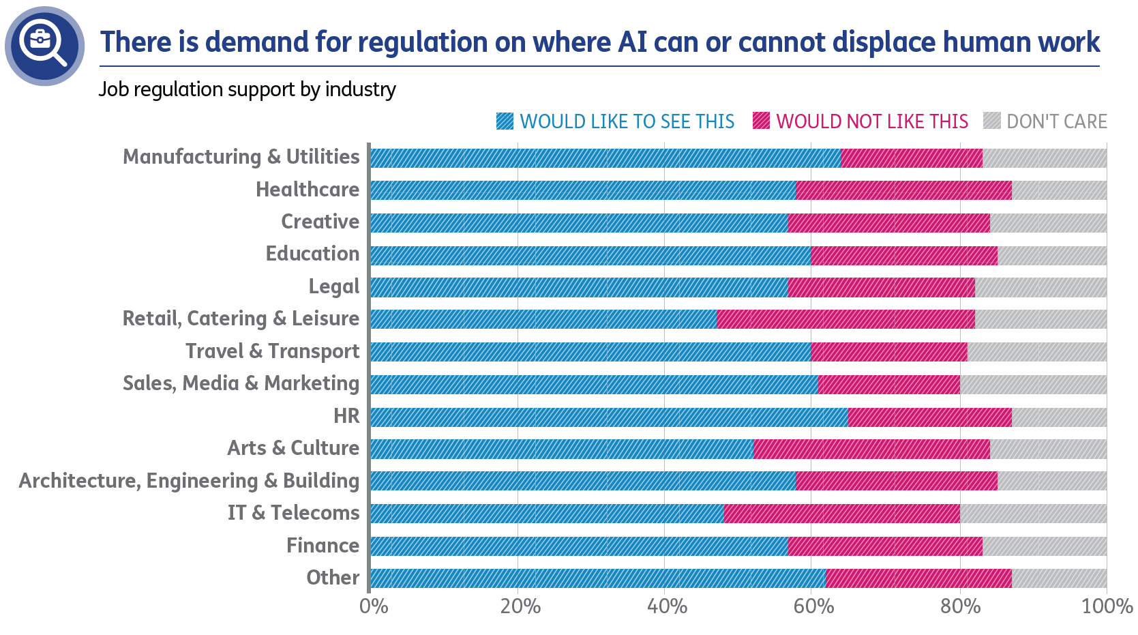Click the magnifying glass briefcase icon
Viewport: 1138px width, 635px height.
click(44, 46)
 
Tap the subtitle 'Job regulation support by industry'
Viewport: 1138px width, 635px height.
click(247, 89)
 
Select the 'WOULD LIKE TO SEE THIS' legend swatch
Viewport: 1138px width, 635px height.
click(505, 121)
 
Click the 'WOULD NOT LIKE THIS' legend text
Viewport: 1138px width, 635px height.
click(871, 121)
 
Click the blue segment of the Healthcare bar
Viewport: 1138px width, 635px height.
click(583, 190)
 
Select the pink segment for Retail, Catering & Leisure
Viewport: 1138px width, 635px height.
click(845, 319)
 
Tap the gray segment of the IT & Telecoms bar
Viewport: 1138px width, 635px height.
click(1033, 514)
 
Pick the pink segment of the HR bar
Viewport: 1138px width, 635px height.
click(930, 417)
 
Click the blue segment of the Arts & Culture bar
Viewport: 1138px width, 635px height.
click(562, 449)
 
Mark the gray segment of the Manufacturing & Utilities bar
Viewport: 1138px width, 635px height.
click(1045, 158)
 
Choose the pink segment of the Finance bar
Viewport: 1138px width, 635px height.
click(885, 546)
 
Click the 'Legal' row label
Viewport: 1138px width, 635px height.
click(333, 286)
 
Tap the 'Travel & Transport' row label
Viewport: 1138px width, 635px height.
click(272, 351)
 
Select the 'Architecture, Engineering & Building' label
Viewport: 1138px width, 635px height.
click(189, 481)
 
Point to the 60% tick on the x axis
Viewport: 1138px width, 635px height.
click(813, 606)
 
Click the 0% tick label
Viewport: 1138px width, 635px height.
click(374, 606)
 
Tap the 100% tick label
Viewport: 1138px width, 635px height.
click(1107, 606)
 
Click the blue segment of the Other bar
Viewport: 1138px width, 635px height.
click(598, 578)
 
